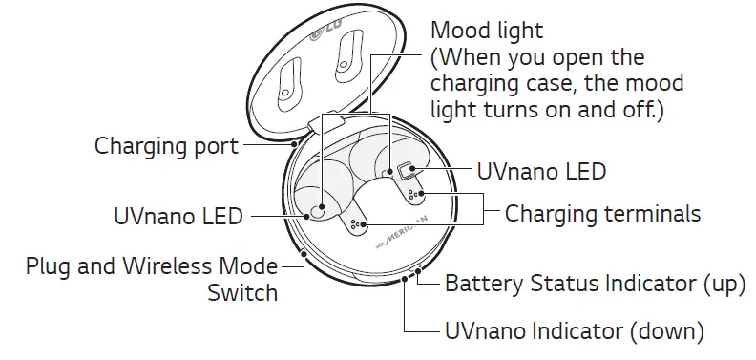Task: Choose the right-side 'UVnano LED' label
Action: coord(541,172)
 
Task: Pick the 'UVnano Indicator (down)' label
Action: coord(575,331)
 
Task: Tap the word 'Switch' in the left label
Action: coord(242,291)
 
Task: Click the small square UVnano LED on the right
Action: coord(408,172)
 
